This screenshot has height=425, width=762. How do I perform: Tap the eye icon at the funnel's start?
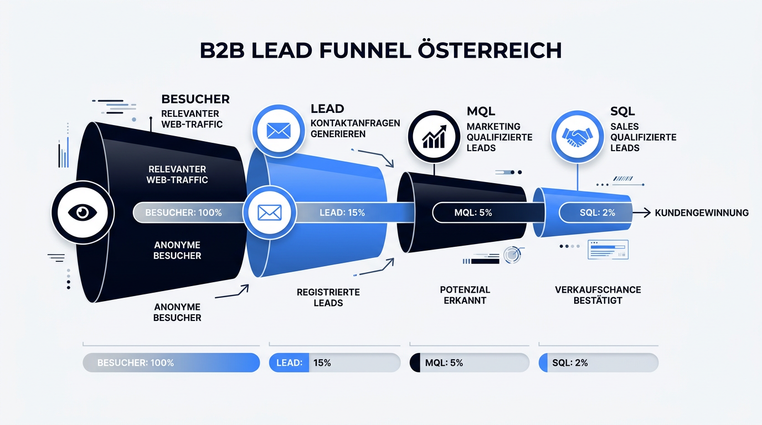click(83, 212)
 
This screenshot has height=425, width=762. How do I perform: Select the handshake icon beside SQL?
click(577, 137)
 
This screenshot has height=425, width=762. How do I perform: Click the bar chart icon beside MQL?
click(434, 137)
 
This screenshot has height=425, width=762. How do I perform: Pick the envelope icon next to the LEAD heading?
click(279, 131)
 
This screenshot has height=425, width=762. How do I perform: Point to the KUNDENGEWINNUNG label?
click(702, 213)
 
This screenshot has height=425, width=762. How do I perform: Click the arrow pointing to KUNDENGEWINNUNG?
click(642, 213)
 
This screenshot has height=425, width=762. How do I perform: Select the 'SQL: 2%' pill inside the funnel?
click(596, 212)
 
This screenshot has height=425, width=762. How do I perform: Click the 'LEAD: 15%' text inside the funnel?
click(342, 213)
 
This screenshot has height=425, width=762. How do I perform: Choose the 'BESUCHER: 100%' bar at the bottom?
click(171, 362)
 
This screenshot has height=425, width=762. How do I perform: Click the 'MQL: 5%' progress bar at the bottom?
click(470, 362)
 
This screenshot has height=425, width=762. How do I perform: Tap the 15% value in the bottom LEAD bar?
click(322, 363)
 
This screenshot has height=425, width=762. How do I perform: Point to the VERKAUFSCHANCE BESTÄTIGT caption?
click(598, 295)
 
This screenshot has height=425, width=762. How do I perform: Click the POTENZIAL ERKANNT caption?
click(465, 295)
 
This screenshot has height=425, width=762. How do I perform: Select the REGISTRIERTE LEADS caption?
click(328, 298)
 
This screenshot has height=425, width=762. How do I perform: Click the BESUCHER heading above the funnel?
click(195, 99)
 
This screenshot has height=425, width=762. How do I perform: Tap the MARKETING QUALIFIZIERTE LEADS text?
click(500, 137)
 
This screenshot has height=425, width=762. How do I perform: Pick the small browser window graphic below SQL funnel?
click(608, 250)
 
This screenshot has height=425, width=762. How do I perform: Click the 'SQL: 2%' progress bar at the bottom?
click(599, 362)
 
